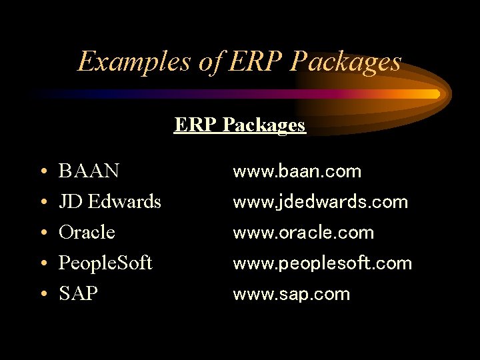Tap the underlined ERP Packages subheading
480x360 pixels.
point(240,125)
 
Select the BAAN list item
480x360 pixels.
point(89,171)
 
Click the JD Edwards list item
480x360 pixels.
point(110,201)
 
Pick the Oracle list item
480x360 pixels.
point(87,233)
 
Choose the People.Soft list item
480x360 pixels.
point(105,263)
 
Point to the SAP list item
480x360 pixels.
point(78,294)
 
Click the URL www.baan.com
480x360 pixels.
point(297,171)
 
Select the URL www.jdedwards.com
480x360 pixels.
point(320,201)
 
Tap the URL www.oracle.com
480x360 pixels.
point(303,233)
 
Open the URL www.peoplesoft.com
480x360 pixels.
point(322,263)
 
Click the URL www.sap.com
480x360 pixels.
point(291,294)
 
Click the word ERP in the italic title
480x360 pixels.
point(254,62)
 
